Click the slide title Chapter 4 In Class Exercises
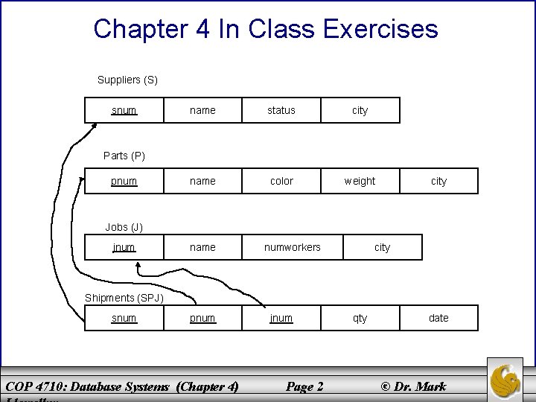click(266, 29)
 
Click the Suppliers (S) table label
click(127, 80)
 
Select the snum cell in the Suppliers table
click(124, 110)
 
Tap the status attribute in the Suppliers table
click(281, 110)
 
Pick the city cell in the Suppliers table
click(360, 110)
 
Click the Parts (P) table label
click(124, 156)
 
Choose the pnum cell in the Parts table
click(124, 181)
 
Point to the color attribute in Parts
click(281, 181)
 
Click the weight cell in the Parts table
click(360, 181)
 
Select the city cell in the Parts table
click(438, 181)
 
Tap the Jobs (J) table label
click(124, 226)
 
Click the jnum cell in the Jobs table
click(124, 247)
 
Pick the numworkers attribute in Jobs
click(293, 247)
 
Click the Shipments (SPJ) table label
click(124, 298)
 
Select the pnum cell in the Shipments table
click(202, 318)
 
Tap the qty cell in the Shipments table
click(360, 318)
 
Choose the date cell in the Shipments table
click(438, 318)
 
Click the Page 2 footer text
click(304, 386)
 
